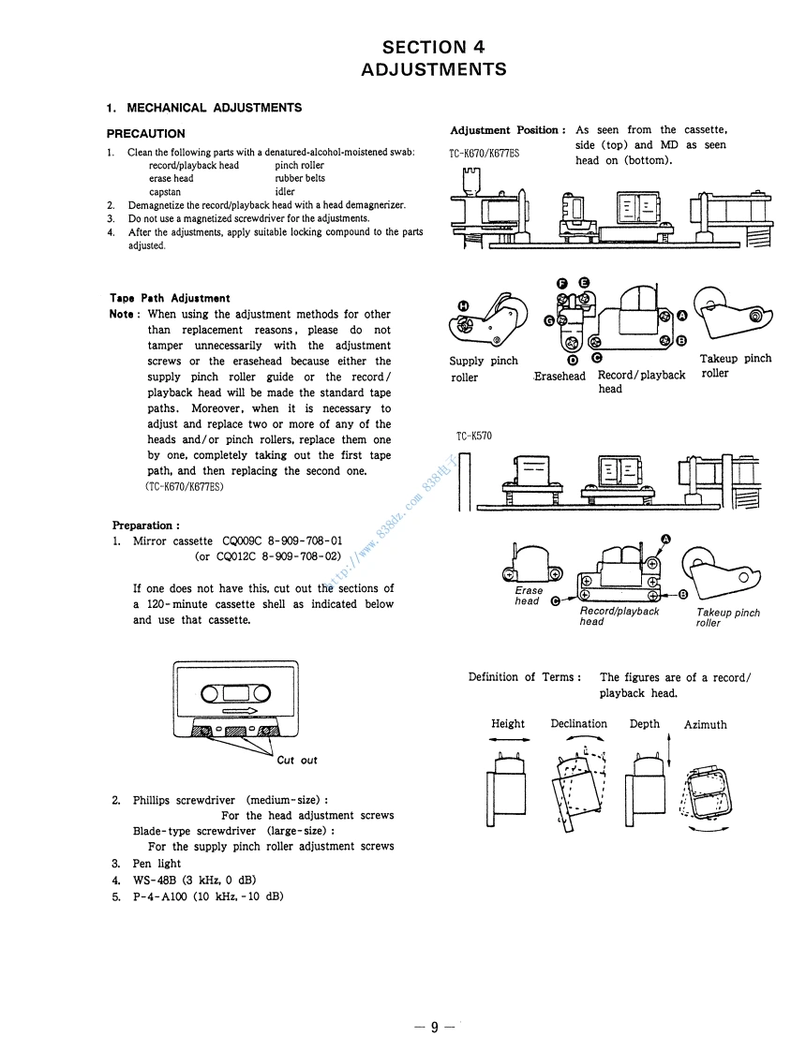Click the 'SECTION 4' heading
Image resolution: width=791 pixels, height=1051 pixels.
433,47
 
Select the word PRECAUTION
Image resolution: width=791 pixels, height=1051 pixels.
145,134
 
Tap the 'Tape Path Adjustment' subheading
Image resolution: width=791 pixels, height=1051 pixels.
170,299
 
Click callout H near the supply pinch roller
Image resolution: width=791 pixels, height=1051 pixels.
462,305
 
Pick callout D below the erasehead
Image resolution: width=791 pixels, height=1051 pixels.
573,357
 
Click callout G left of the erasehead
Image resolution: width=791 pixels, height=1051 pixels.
548,319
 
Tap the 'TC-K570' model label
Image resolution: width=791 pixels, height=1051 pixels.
474,437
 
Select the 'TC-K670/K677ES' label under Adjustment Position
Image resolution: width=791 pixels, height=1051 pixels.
484,154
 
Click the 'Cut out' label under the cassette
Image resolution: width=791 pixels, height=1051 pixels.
297,761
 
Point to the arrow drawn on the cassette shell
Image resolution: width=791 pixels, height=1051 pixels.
241,711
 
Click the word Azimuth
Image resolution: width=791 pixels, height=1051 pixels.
705,725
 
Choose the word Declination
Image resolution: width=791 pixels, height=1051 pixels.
578,724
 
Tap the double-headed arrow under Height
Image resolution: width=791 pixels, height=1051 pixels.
508,740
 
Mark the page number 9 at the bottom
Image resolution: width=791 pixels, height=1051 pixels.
435,1028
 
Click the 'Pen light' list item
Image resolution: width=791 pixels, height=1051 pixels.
157,864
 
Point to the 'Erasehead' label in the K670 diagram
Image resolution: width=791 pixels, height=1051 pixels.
560,377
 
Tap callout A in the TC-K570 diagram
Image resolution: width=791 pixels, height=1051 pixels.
666,539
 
